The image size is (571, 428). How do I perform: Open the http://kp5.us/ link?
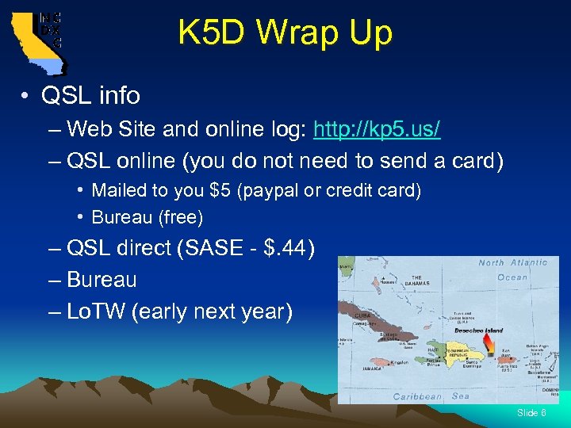(x=377, y=128)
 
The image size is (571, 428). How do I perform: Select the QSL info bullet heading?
(x=91, y=96)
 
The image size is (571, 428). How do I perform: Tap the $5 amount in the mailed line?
(x=213, y=191)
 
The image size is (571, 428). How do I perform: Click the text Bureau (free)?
(x=148, y=216)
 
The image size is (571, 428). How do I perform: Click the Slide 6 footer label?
(x=531, y=412)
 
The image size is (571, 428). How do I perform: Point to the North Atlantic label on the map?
(x=512, y=262)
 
